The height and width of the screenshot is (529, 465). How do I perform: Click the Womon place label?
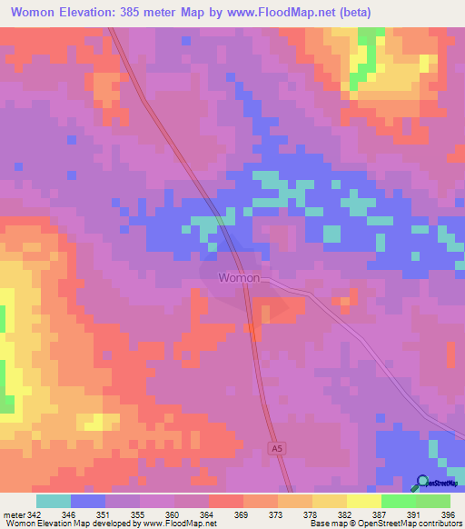click(x=239, y=278)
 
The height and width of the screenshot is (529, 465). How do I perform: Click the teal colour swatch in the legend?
click(x=54, y=501)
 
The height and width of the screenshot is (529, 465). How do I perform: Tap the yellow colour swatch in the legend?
click(x=364, y=501)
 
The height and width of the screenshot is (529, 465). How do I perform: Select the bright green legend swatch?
click(x=399, y=501)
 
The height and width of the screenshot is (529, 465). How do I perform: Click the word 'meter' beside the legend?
click(x=11, y=514)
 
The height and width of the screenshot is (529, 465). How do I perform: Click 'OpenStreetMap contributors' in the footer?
click(x=410, y=524)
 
